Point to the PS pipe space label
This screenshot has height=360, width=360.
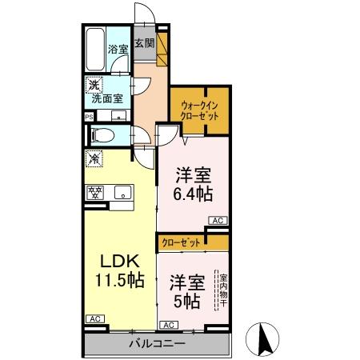coord(89,115)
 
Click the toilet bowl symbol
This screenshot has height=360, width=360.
coord(99,134)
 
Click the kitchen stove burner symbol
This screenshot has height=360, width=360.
coord(95,191)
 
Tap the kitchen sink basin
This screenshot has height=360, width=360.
coord(122,190)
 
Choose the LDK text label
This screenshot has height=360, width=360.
coord(120,261)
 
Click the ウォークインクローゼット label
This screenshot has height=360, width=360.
coord(199,109)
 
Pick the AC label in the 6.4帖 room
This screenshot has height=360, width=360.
coord(217,220)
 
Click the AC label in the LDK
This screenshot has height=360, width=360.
coord(94,319)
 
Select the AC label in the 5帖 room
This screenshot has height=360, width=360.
coord(169,325)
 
